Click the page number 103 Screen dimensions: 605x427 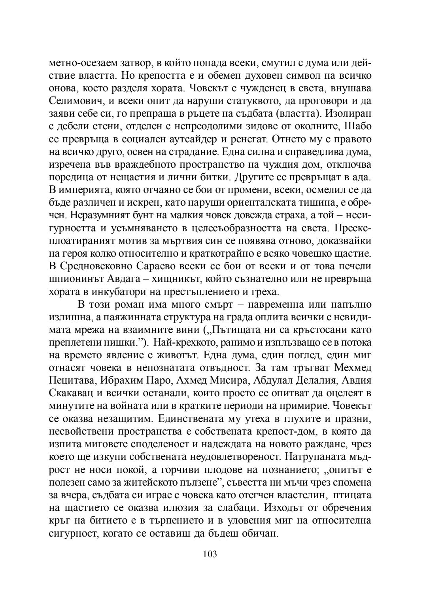point(210,554)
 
